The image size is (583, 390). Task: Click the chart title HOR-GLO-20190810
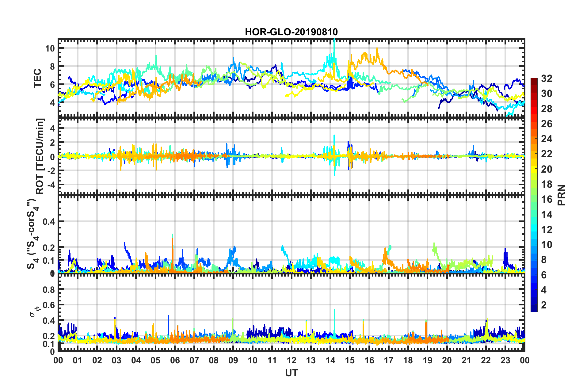point(291,32)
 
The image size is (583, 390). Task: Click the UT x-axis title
point(291,373)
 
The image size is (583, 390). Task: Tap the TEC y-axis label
point(37,78)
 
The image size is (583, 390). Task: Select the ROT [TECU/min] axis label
point(40,156)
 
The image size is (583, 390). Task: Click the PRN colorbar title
point(562,195)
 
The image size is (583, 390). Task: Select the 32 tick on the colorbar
point(547,78)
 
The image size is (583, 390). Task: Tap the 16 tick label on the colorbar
point(547,199)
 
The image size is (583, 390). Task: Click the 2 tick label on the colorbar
point(544,305)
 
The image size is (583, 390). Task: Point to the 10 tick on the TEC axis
point(50,48)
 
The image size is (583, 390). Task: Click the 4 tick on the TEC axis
point(52,102)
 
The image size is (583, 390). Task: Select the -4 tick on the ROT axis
point(50,185)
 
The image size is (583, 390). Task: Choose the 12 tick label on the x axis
point(291,360)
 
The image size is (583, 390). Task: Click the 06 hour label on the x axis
point(175,360)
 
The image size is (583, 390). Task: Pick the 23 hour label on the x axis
point(505,360)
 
